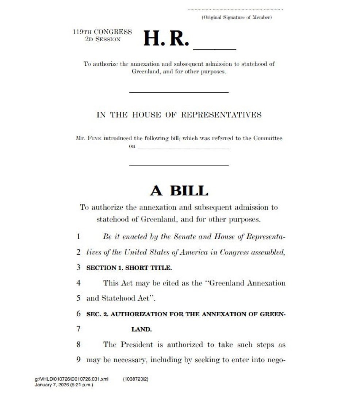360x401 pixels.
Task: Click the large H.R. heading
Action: coord(166,39)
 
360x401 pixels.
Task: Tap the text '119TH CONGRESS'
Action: coord(102,32)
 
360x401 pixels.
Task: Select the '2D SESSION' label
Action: coord(103,39)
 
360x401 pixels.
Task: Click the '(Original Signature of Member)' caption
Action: coord(237,18)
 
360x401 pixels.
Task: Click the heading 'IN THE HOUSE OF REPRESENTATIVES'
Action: coord(179,115)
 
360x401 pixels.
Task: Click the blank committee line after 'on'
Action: coord(183,148)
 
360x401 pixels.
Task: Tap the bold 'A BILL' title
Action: coord(179,191)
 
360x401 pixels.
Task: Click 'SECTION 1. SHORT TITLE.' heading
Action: coord(129,268)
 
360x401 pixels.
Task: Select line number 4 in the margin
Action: coord(78,283)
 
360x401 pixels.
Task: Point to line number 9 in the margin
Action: coord(78,360)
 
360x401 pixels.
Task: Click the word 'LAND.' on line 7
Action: coord(141,329)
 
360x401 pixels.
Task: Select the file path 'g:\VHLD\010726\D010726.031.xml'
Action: coord(72,379)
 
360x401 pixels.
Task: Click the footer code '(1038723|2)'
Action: coord(136,379)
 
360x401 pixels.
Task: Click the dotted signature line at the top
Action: coord(235,9)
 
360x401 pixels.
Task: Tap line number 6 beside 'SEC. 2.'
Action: coord(78,314)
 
